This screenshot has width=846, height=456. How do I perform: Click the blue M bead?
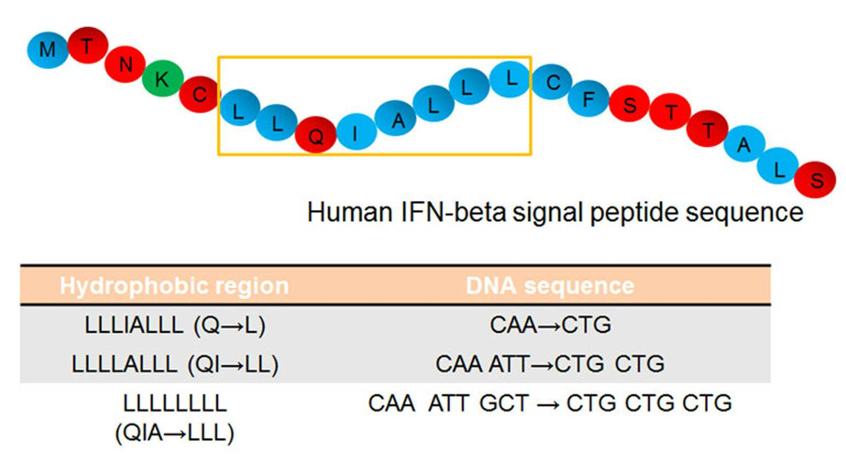48,50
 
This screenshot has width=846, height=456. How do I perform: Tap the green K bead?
163,78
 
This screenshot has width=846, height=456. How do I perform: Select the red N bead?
125,65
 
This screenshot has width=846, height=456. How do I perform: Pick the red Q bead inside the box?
315,135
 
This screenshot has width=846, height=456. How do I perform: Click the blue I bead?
356,132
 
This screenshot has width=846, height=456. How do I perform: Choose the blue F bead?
589,99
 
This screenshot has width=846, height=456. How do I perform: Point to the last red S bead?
815,180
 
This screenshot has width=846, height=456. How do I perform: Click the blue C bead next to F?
552,82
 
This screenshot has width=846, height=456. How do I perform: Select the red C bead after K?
199,94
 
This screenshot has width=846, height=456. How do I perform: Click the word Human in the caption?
350,212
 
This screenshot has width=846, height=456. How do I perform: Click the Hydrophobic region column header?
174,286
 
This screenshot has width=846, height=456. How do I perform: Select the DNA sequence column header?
550,285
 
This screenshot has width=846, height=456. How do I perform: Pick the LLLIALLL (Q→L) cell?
175,325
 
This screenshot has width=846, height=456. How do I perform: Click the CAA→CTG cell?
550,324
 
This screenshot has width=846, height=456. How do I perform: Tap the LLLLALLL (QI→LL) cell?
175,364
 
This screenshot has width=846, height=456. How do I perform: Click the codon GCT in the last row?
504,403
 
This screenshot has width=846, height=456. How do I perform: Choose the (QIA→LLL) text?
174,433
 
